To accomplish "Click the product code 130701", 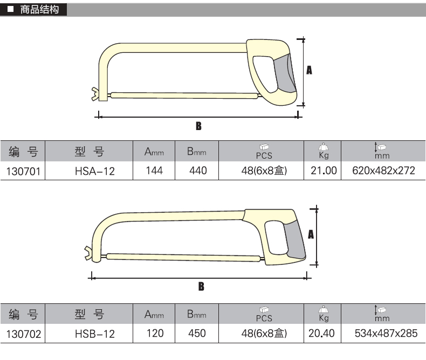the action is tap(23, 171).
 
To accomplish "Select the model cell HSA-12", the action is tap(95, 171).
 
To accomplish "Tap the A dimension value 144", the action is tap(154, 171).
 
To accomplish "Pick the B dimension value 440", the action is tap(198, 171).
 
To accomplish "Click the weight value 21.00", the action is tap(324, 171).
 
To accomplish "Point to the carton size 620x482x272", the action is tap(383, 171).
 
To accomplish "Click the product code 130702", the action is tap(24, 334).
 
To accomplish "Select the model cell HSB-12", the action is tap(95, 334).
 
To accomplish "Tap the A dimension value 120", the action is tap(155, 334).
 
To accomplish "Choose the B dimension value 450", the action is tap(197, 334).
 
